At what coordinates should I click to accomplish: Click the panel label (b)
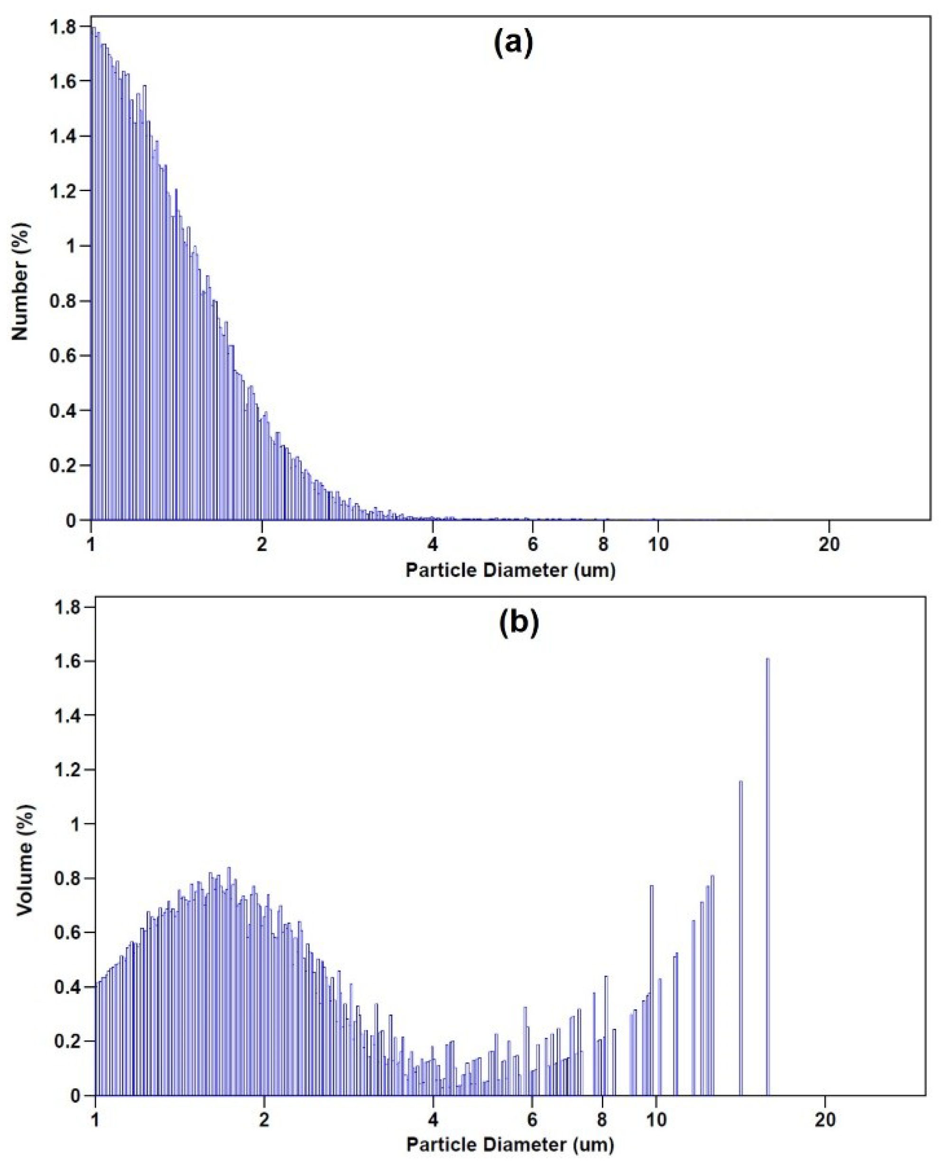pyautogui.click(x=519, y=623)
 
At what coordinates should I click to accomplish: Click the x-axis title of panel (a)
pyautogui.click(x=510, y=571)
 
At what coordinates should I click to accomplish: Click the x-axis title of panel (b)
pyautogui.click(x=510, y=1145)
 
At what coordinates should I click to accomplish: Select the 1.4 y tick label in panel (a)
pyautogui.click(x=63, y=136)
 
